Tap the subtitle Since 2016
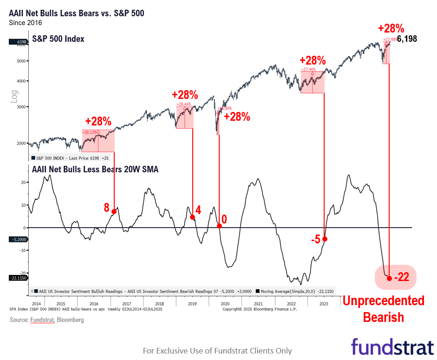(26, 22)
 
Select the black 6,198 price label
(407, 39)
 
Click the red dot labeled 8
(114, 211)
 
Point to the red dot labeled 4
(192, 217)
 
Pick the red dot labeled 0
(219, 226)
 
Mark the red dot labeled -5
(325, 239)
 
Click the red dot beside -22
(389, 278)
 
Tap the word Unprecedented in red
(383, 301)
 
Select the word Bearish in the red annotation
(383, 318)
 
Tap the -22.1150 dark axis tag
(18, 278)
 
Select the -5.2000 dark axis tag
(18, 240)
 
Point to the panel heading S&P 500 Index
(58, 39)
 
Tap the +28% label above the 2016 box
(98, 122)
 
